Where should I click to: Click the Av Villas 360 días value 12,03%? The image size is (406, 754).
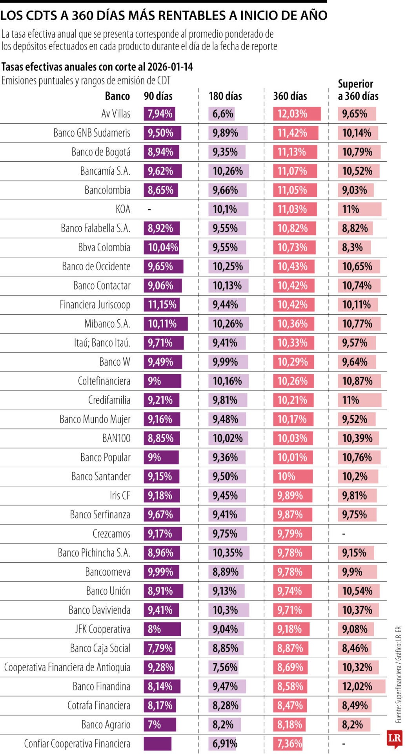(293, 114)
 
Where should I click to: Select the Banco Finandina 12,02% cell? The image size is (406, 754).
(357, 686)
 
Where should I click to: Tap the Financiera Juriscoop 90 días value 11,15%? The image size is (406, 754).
(162, 305)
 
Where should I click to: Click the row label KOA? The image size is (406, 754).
(123, 209)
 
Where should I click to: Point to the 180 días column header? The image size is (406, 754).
(225, 96)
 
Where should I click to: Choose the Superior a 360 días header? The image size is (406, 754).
(358, 90)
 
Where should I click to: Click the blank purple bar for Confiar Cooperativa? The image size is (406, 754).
(157, 743)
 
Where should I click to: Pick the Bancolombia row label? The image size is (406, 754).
(107, 190)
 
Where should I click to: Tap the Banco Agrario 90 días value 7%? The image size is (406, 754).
(154, 725)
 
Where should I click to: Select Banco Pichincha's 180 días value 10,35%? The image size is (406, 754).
(228, 553)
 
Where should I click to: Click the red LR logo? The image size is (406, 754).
(394, 738)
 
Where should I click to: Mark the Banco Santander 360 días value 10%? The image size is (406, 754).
(286, 477)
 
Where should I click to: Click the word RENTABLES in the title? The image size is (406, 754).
(199, 15)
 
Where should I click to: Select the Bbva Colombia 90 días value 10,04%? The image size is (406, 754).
(163, 247)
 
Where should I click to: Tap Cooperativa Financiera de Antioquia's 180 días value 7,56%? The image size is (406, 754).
(225, 667)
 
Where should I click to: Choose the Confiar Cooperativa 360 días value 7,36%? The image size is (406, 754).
(289, 743)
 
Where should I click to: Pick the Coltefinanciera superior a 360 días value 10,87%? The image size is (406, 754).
(357, 381)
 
